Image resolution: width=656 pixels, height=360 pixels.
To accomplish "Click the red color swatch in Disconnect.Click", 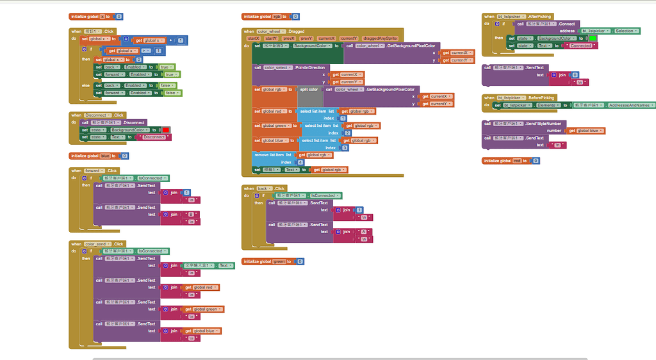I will tap(165, 130).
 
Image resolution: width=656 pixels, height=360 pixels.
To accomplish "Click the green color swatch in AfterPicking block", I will tap(593, 38).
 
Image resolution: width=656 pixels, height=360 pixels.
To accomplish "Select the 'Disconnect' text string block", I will tap(154, 137).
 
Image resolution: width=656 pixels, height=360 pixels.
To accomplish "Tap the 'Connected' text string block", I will tap(580, 45).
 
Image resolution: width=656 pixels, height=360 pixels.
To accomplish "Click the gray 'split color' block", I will tap(309, 90).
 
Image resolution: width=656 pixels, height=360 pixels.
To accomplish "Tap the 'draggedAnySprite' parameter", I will tap(380, 38).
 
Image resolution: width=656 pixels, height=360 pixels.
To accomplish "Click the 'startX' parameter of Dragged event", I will tap(254, 38).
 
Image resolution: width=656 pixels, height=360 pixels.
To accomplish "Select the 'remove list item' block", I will tap(269, 154).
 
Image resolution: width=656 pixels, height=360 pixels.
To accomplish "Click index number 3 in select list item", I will tap(345, 148).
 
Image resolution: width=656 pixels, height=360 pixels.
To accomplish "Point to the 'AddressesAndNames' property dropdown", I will tap(632, 105).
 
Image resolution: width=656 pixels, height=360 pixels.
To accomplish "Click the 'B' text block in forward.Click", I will tap(191, 214).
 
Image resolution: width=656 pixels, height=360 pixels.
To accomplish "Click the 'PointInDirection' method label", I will tap(309, 67).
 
